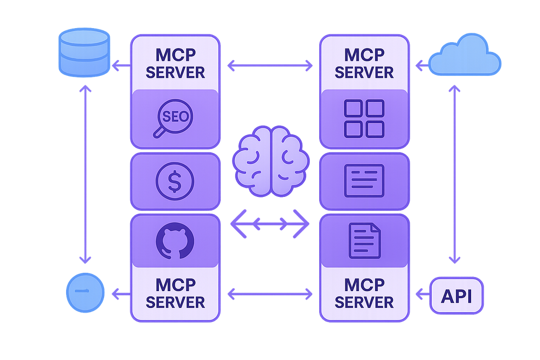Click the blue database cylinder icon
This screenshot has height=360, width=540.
(82, 52)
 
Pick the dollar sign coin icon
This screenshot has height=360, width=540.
(174, 181)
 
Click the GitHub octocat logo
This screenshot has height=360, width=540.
(174, 240)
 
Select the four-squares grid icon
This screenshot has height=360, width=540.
(364, 119)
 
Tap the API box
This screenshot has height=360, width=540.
(457, 296)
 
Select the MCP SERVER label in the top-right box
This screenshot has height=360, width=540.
(364, 63)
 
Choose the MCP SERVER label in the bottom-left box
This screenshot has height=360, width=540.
(174, 293)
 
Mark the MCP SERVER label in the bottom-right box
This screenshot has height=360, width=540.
(364, 293)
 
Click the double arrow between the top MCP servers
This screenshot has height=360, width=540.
(270, 66)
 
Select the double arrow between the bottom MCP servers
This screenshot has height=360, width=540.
(270, 294)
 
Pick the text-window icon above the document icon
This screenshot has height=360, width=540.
(364, 181)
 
